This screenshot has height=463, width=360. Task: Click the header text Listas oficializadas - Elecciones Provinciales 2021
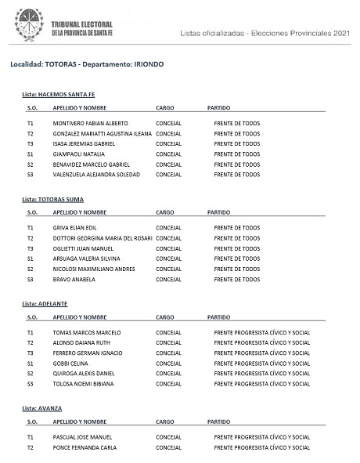click(265, 33)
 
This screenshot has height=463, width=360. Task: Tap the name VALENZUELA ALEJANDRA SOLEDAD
click(96, 175)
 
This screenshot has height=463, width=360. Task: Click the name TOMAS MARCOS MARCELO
click(86, 332)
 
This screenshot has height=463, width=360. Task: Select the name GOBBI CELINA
click(70, 363)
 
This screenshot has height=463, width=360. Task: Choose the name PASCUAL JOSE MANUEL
click(84, 437)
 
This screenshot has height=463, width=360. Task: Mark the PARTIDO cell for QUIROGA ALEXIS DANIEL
click(261, 374)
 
